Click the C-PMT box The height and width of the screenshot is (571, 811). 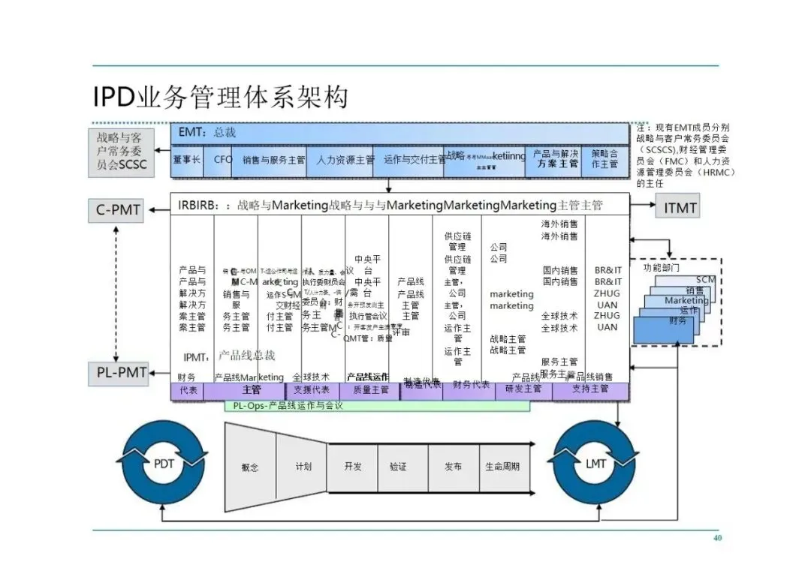118,210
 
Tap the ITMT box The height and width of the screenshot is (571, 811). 680,208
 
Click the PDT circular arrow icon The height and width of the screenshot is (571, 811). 164,464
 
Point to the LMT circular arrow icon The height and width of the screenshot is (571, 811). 595,464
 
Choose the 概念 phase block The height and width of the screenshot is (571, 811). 250,467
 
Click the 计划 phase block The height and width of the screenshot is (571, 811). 302,467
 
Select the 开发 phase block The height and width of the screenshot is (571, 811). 352,467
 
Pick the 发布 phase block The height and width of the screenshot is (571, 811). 453,467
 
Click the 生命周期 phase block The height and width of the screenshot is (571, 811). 502,467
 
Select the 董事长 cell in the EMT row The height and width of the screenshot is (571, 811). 187,160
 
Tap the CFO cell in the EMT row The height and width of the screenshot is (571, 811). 223,160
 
